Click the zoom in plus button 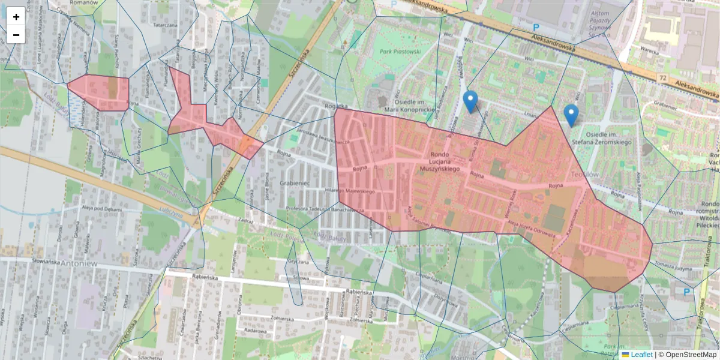click(16, 17)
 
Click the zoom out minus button click(16, 35)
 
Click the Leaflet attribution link click(641, 355)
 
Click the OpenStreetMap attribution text click(687, 355)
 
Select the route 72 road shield click(662, 77)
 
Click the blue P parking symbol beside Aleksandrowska click(536, 28)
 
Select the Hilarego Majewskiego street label click(358, 192)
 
